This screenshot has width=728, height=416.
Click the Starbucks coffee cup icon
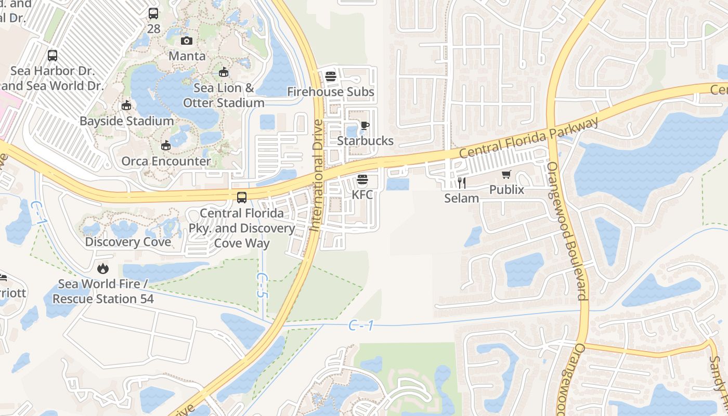click(365, 125)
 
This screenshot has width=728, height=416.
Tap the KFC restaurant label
click(362, 194)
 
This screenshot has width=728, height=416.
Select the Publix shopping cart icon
click(506, 175)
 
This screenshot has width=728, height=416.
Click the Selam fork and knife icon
click(461, 183)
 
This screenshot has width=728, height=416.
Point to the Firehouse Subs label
click(331, 92)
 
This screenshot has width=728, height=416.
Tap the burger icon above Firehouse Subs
click(331, 77)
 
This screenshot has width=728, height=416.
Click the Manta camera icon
click(187, 41)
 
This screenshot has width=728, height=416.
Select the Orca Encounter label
click(166, 161)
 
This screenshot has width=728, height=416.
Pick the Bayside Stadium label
click(126, 121)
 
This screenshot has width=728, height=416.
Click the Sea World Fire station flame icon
click(103, 268)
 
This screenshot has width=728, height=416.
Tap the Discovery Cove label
click(128, 242)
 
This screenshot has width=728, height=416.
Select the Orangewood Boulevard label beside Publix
click(566, 231)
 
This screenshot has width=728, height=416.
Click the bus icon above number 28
click(153, 14)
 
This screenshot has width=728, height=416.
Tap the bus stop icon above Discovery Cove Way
click(242, 198)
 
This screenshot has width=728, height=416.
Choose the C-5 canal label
click(262, 286)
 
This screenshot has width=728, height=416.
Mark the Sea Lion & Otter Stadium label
click(224, 96)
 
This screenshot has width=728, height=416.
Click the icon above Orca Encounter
click(166, 146)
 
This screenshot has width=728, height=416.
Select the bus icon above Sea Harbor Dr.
click(53, 56)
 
